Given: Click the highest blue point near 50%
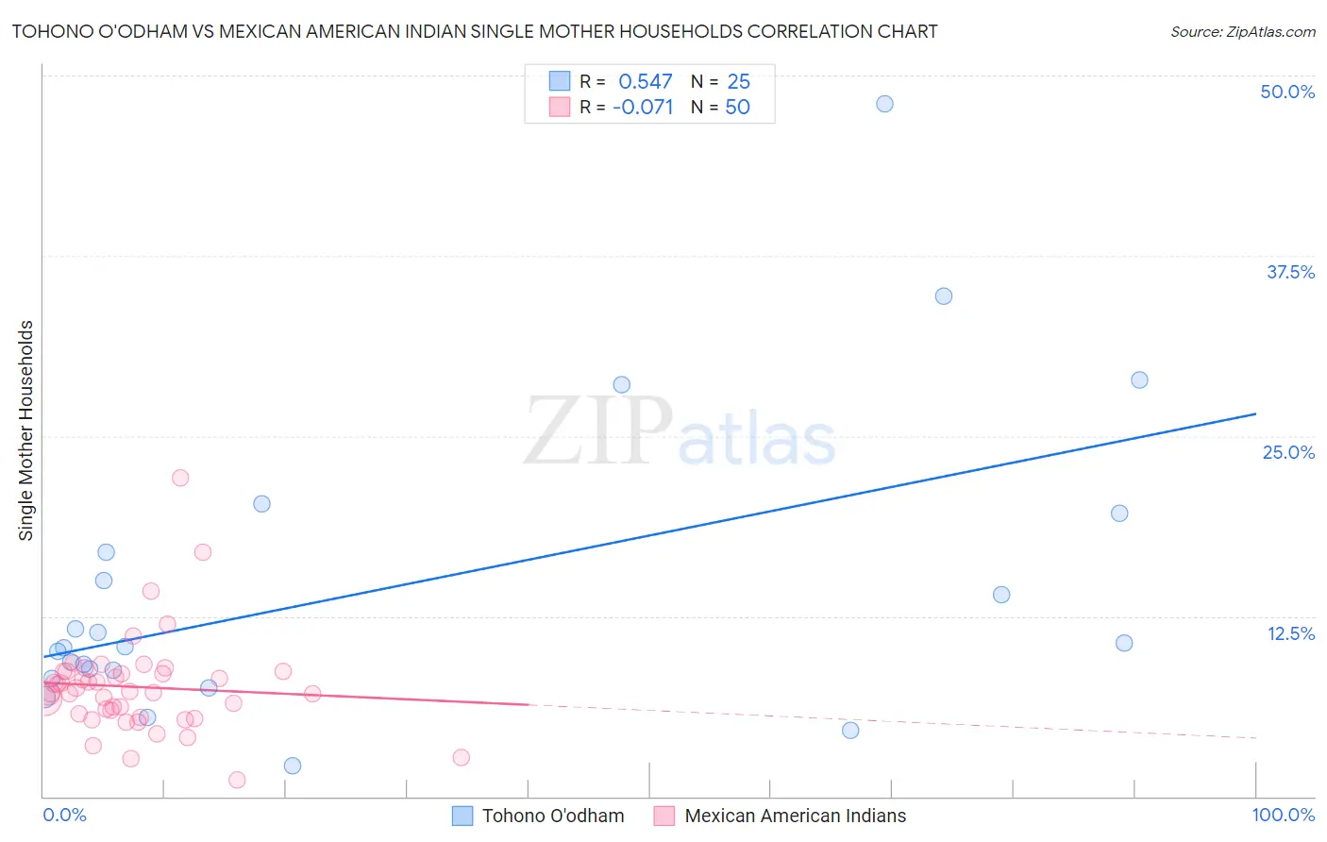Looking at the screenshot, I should click(884, 104).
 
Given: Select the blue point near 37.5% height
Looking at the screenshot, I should click(943, 296).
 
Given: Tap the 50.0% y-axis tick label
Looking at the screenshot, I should click(1287, 92).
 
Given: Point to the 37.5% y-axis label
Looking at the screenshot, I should click(1290, 272).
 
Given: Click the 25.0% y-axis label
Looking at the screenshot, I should click(1288, 452).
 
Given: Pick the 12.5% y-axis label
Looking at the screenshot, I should click(1290, 633).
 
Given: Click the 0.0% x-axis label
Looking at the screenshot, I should click(64, 815).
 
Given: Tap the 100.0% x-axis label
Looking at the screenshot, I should click(1283, 815).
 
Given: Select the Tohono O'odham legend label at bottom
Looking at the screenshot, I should click(553, 816).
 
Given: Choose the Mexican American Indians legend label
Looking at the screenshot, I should click(795, 816).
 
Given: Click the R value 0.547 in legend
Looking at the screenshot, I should click(646, 82).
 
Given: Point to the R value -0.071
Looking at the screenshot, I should click(643, 108).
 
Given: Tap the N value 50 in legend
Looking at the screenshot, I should click(737, 108).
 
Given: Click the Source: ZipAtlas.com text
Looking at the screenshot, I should click(1242, 32).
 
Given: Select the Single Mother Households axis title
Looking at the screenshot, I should click(26, 430).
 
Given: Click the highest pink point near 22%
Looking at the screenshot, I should click(180, 478).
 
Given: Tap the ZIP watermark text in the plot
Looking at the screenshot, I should click(598, 431).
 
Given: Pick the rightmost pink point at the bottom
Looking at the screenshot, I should click(461, 757).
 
